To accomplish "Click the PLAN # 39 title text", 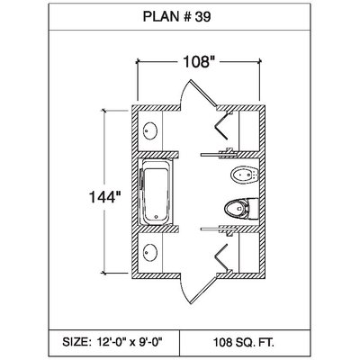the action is pos(176,17).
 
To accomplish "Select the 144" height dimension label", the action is pos(105,197).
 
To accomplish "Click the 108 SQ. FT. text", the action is pos(244,342).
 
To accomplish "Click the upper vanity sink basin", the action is pos(150,130).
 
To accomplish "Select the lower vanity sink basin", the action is pos(150,252).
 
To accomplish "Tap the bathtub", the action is pos(156,192).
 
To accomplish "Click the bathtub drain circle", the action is pos(156,216).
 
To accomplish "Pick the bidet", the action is pos(245,175).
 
